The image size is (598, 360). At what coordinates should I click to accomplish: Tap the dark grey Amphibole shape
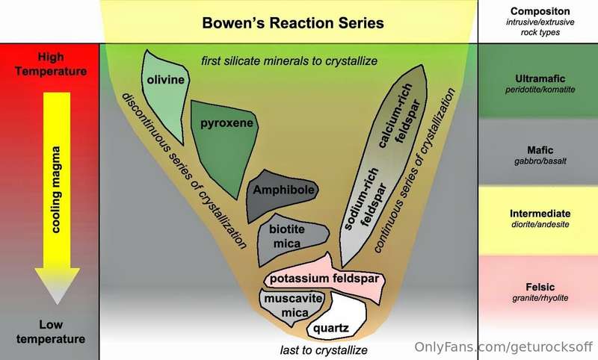pyautogui.click(x=280, y=194)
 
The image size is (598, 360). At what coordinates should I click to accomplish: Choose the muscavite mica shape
pyautogui.click(x=292, y=307)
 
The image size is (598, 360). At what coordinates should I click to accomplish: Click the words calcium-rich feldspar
pyautogui.click(x=399, y=114)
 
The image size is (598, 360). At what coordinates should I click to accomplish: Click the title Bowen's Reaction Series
pyautogui.click(x=293, y=23)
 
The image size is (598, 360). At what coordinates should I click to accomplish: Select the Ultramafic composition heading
pyautogui.click(x=540, y=78)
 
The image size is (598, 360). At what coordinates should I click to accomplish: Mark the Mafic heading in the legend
pyautogui.click(x=540, y=150)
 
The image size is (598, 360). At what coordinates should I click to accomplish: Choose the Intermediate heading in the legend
pyautogui.click(x=540, y=214)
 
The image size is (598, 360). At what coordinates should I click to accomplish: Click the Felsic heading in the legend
pyautogui.click(x=540, y=287)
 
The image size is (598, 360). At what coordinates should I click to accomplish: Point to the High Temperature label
pyautogui.click(x=51, y=64)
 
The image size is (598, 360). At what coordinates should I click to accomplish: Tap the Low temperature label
pyautogui.click(x=51, y=332)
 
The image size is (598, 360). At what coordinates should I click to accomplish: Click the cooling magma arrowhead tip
pyautogui.click(x=58, y=304)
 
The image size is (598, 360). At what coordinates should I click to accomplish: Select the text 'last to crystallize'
pyautogui.click(x=324, y=350)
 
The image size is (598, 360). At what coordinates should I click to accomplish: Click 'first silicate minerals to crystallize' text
pyautogui.click(x=289, y=61)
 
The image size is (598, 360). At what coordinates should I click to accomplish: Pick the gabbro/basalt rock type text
pyautogui.click(x=540, y=161)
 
